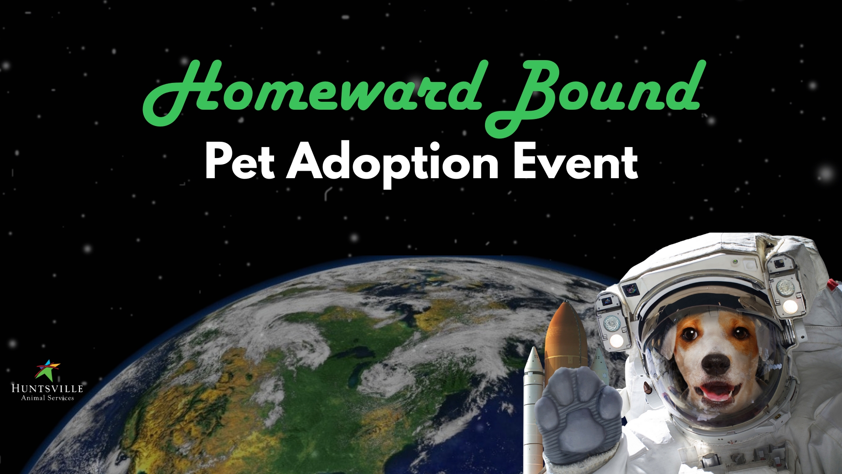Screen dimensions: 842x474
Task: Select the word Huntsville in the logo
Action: (x=47, y=388)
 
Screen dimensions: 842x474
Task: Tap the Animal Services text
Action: (x=47, y=398)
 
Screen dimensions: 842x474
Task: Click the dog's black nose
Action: (x=714, y=363)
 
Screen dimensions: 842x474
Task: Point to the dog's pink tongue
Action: (x=717, y=393)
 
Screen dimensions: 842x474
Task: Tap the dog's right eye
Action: (x=740, y=334)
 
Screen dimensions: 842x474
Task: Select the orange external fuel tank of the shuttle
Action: (x=566, y=338)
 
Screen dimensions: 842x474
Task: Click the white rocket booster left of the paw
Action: (x=533, y=408)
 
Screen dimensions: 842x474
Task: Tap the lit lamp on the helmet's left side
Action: (x=617, y=340)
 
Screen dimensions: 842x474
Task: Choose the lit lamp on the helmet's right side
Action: (x=790, y=306)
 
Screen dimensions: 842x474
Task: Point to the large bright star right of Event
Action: (x=826, y=173)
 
